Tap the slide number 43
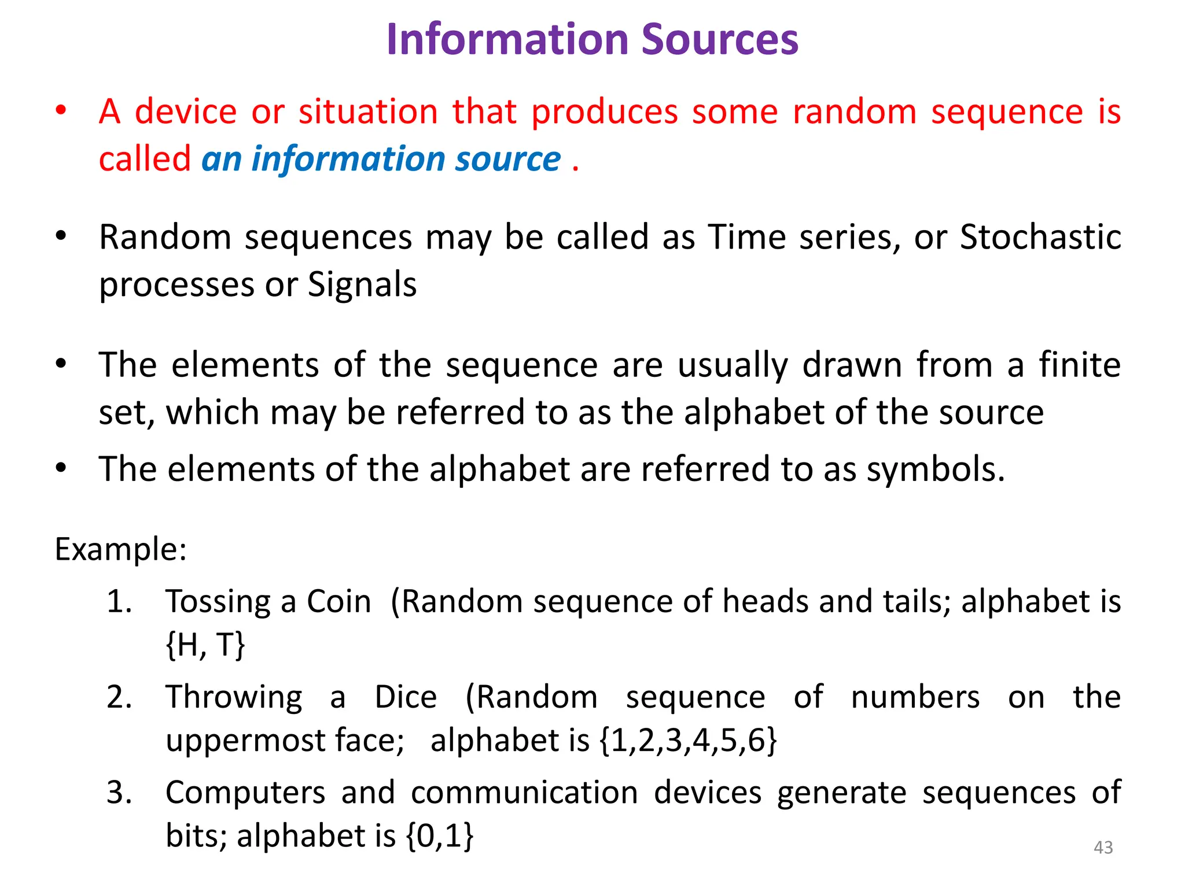(1103, 848)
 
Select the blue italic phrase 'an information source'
(381, 159)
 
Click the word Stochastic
(1040, 237)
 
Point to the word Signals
(362, 284)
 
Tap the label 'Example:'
(120, 549)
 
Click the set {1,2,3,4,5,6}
(689, 741)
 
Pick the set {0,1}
(440, 836)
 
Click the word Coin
(338, 602)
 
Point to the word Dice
(406, 697)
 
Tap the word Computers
(245, 793)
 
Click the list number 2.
(119, 697)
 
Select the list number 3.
(119, 793)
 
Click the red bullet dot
(61, 110)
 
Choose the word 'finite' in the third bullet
(1079, 365)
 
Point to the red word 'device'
(186, 112)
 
